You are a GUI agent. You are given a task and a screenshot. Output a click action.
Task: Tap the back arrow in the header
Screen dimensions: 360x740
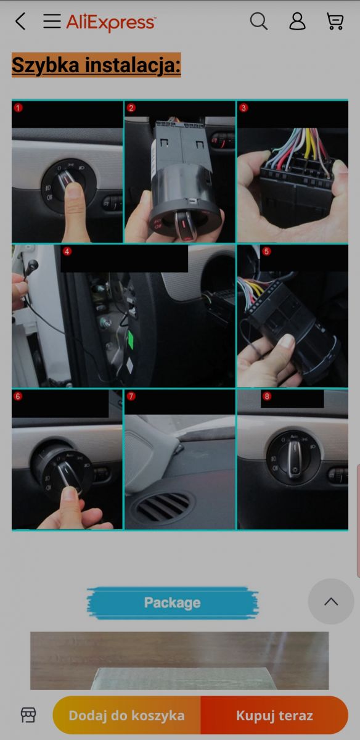(x=20, y=21)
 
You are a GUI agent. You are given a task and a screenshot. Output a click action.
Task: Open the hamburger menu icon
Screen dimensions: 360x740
(x=52, y=21)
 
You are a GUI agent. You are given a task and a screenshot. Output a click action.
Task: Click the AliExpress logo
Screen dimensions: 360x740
(x=111, y=22)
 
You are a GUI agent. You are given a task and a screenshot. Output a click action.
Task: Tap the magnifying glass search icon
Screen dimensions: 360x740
(x=259, y=21)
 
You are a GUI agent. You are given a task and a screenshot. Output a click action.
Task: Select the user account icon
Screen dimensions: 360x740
(x=297, y=21)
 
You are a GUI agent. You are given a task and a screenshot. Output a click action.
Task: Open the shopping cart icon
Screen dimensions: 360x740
(x=335, y=21)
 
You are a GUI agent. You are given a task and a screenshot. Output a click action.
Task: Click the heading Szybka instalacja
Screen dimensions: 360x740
(x=96, y=65)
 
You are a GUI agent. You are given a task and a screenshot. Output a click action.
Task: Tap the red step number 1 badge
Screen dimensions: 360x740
(x=18, y=108)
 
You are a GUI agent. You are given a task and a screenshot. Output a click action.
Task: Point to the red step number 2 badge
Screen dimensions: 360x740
(x=131, y=108)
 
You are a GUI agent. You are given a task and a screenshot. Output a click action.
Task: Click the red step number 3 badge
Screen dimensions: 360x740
(x=243, y=108)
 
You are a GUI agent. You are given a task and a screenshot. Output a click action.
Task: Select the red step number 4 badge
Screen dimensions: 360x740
(x=67, y=252)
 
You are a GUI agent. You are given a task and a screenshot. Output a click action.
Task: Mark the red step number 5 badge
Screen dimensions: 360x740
(x=266, y=252)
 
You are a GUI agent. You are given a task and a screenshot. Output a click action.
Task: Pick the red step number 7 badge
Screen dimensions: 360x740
(x=131, y=396)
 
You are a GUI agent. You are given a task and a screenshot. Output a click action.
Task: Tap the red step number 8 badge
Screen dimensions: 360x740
(x=266, y=396)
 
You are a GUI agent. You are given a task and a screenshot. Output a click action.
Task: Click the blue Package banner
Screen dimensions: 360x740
(x=173, y=603)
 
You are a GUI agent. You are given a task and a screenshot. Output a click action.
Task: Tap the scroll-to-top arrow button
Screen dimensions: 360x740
(x=331, y=602)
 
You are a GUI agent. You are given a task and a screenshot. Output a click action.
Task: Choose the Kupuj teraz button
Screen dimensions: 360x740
(x=274, y=715)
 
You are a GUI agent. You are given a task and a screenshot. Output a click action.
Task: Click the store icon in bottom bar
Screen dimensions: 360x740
(x=28, y=715)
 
